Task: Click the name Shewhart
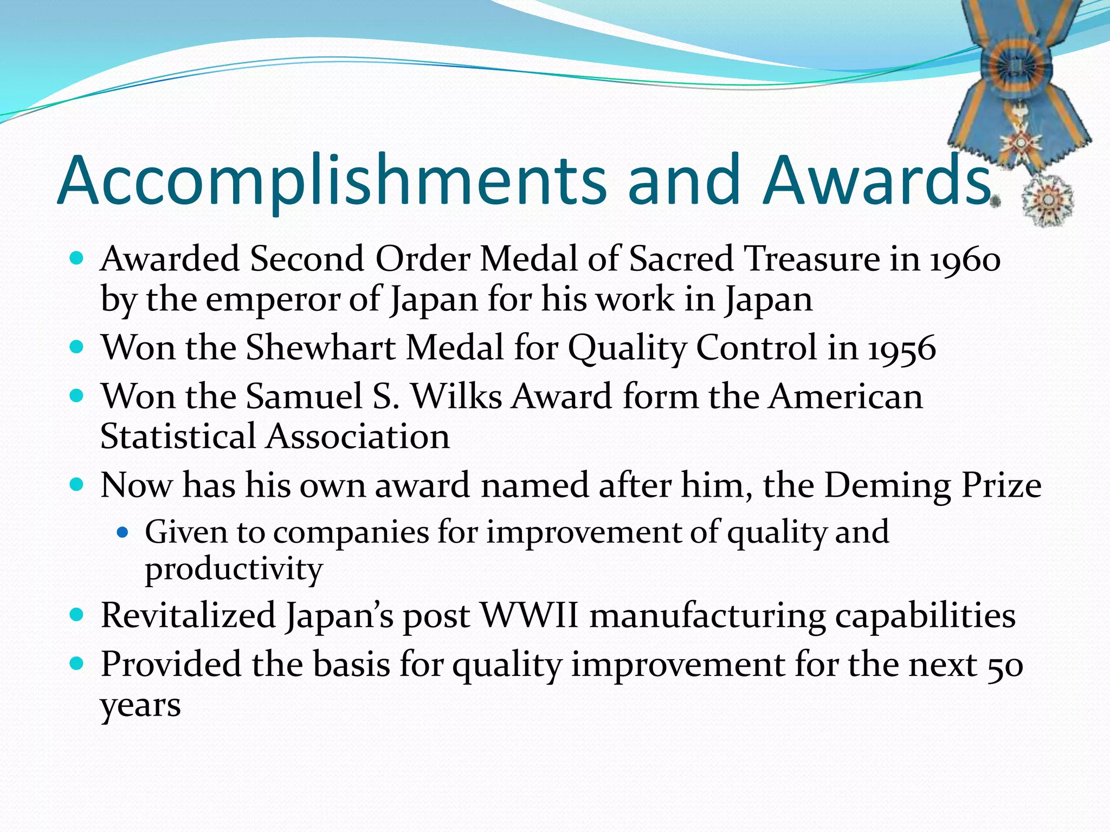pyautogui.click(x=320, y=348)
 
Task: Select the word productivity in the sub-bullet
pyautogui.click(x=234, y=570)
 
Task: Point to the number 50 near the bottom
pyautogui.click(x=1005, y=666)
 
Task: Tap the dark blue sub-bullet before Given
pyautogui.click(x=122, y=533)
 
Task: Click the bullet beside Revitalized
pyautogui.click(x=76, y=615)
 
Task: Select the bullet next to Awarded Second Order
pyautogui.click(x=76, y=258)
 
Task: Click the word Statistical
pyautogui.click(x=178, y=437)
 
